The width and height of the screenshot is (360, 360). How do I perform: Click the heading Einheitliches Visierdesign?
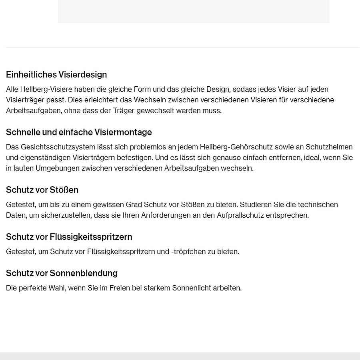pos(56,75)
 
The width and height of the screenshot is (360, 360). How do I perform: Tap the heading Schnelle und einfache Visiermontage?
pos(79,132)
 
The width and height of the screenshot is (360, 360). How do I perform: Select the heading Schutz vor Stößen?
pos(42,190)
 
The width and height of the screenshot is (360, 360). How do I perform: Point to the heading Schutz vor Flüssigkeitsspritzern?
pos(69,237)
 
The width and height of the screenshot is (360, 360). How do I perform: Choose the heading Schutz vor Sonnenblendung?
pos(62,273)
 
